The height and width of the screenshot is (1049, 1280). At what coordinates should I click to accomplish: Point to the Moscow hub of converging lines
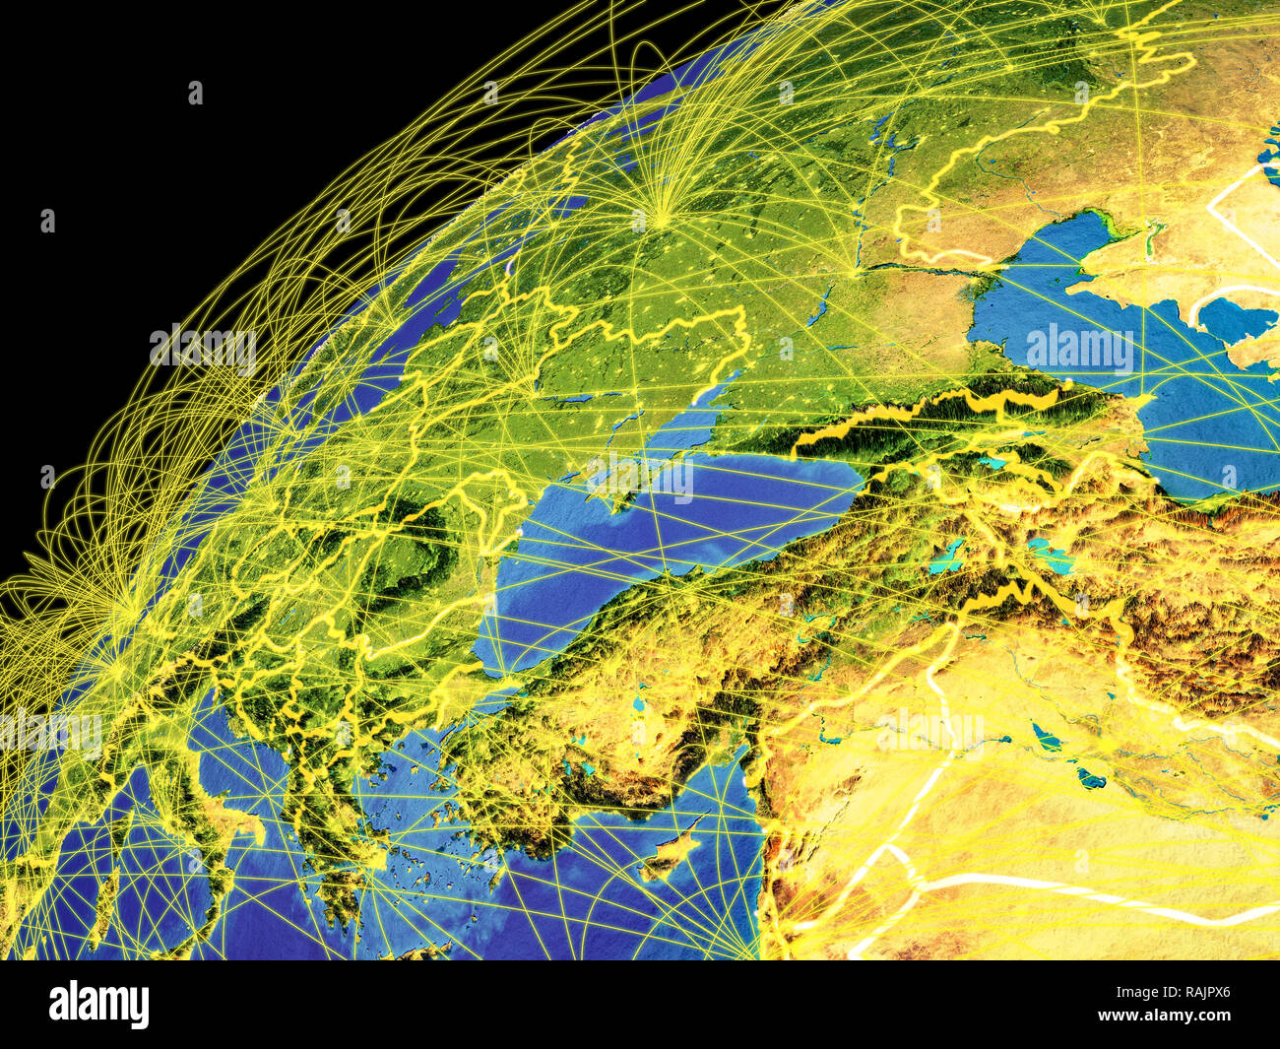(x=662, y=209)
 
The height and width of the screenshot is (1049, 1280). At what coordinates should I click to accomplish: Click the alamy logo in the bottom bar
(x=99, y=1004)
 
